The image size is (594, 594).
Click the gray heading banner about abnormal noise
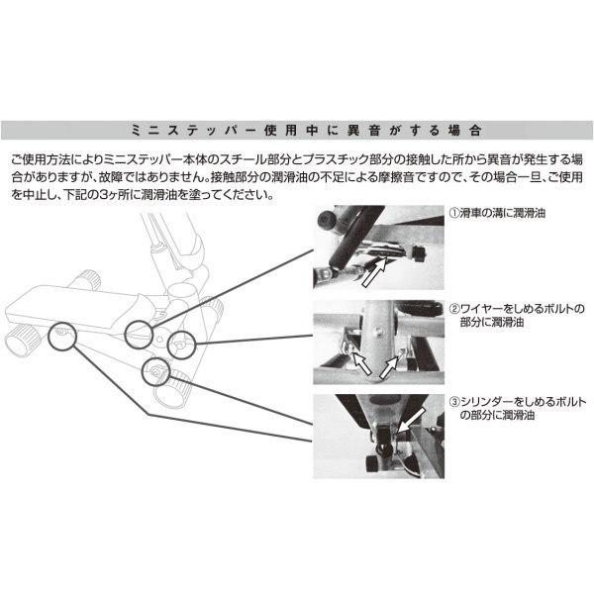pos(297,130)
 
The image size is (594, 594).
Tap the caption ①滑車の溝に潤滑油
pos(497,213)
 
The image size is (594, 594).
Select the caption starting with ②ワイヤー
pos(517,315)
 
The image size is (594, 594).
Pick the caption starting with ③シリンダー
pos(518,408)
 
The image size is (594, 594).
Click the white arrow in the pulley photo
pos(374,271)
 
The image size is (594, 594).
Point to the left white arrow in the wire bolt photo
pos(361,362)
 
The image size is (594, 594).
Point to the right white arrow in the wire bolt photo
pos(389,366)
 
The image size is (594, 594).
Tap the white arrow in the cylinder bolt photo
pos(410,420)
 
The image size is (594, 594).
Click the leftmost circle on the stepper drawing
pos(63,336)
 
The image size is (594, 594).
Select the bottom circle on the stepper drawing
pos(155,371)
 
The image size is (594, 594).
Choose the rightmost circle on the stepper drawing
pos(181,344)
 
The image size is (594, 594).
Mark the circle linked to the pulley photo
pos(139,335)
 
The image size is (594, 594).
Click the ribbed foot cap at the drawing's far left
pos(23,341)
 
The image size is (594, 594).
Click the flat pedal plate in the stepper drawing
pos(76,308)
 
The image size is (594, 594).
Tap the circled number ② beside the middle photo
pos(454,309)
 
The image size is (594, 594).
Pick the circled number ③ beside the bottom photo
pos(454,402)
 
